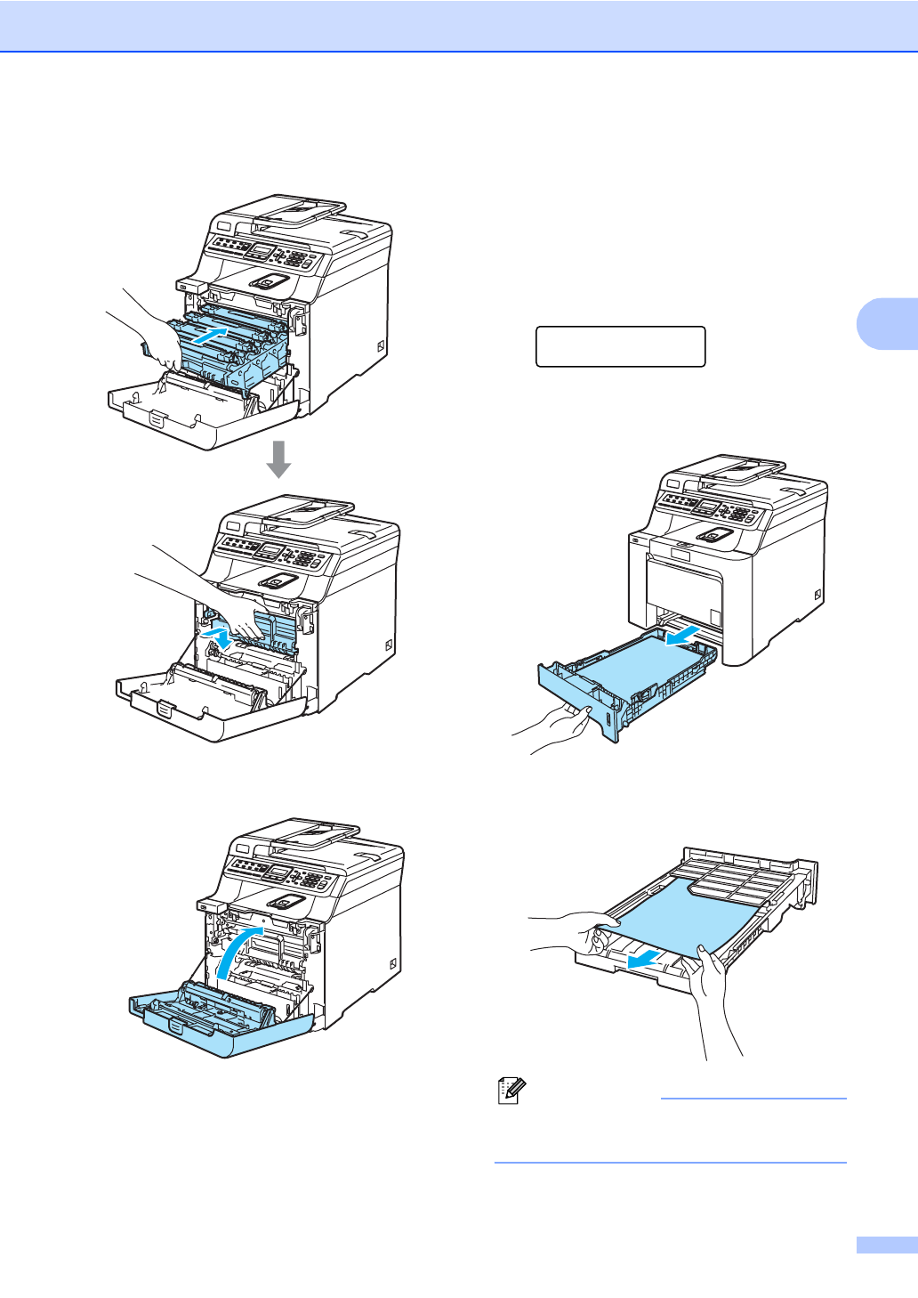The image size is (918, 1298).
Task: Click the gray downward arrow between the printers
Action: click(278, 458)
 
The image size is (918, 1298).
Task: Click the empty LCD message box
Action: click(620, 346)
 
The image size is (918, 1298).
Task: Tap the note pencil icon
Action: click(512, 1091)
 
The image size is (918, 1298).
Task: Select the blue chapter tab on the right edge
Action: click(886, 322)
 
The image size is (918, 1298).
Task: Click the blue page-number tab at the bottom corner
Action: click(886, 1245)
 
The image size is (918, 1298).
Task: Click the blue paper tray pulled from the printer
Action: click(623, 681)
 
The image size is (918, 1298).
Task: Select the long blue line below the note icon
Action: click(670, 1162)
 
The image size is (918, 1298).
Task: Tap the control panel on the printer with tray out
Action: click(707, 509)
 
